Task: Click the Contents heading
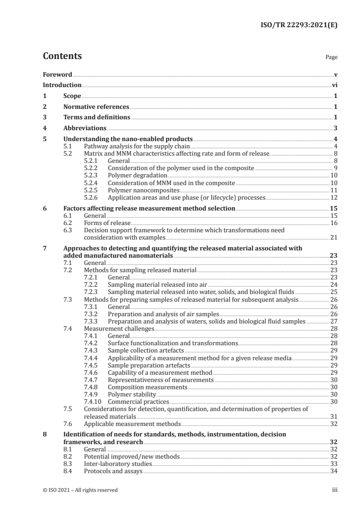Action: pyautogui.click(x=62, y=57)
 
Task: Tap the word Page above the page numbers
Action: pyautogui.click(x=331, y=58)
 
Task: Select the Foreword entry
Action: pyautogui.click(x=57, y=74)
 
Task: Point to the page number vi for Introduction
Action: pyautogui.click(x=335, y=85)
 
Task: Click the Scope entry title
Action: pyautogui.click(x=72, y=96)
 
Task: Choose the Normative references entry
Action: pyautogui.click(x=96, y=107)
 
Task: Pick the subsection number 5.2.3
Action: pyautogui.click(x=93, y=175)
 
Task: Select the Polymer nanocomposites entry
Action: pyautogui.click(x=141, y=190)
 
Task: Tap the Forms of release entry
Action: pyautogui.click(x=107, y=223)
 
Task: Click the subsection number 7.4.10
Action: pyautogui.click(x=94, y=401)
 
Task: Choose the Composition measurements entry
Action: pyautogui.click(x=148, y=387)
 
